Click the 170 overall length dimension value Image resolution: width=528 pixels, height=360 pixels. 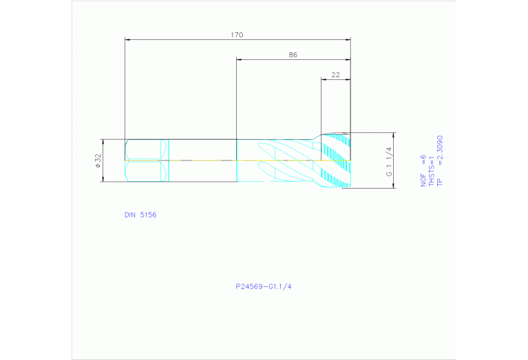click(237, 35)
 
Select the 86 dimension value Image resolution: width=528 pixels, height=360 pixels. click(293, 55)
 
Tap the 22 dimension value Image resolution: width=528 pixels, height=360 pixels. click(336, 75)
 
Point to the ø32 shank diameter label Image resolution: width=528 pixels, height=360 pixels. click(98, 161)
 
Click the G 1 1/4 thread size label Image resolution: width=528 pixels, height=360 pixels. click(389, 162)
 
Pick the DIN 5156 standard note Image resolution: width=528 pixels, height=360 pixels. click(140, 215)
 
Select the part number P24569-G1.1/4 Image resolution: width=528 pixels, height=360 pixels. click(264, 286)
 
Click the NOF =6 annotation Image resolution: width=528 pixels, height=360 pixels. click(423, 171)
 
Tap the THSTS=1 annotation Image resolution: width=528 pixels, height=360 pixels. click(432, 171)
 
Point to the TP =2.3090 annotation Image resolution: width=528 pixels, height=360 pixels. click(439, 161)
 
